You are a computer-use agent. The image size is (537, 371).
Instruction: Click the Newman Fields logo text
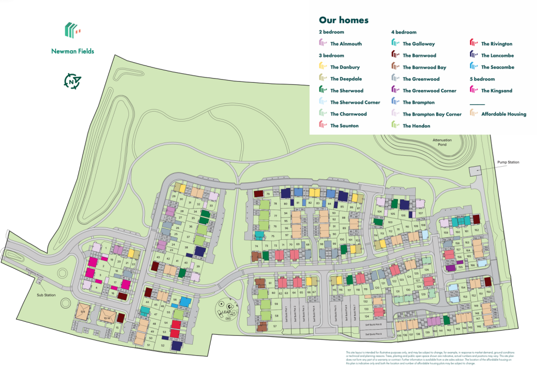[73, 51]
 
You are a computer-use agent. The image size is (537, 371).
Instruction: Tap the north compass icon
[72, 81]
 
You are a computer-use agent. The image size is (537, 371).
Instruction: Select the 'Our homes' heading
[343, 20]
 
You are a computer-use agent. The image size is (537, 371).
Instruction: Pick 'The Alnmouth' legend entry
[346, 44]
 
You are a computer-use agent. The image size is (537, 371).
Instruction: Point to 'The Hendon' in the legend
[416, 126]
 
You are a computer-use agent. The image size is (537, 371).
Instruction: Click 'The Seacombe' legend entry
[497, 67]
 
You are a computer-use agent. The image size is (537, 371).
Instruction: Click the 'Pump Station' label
[508, 162]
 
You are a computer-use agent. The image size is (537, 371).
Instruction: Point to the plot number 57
[275, 326]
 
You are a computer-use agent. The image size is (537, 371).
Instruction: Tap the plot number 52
[164, 346]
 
